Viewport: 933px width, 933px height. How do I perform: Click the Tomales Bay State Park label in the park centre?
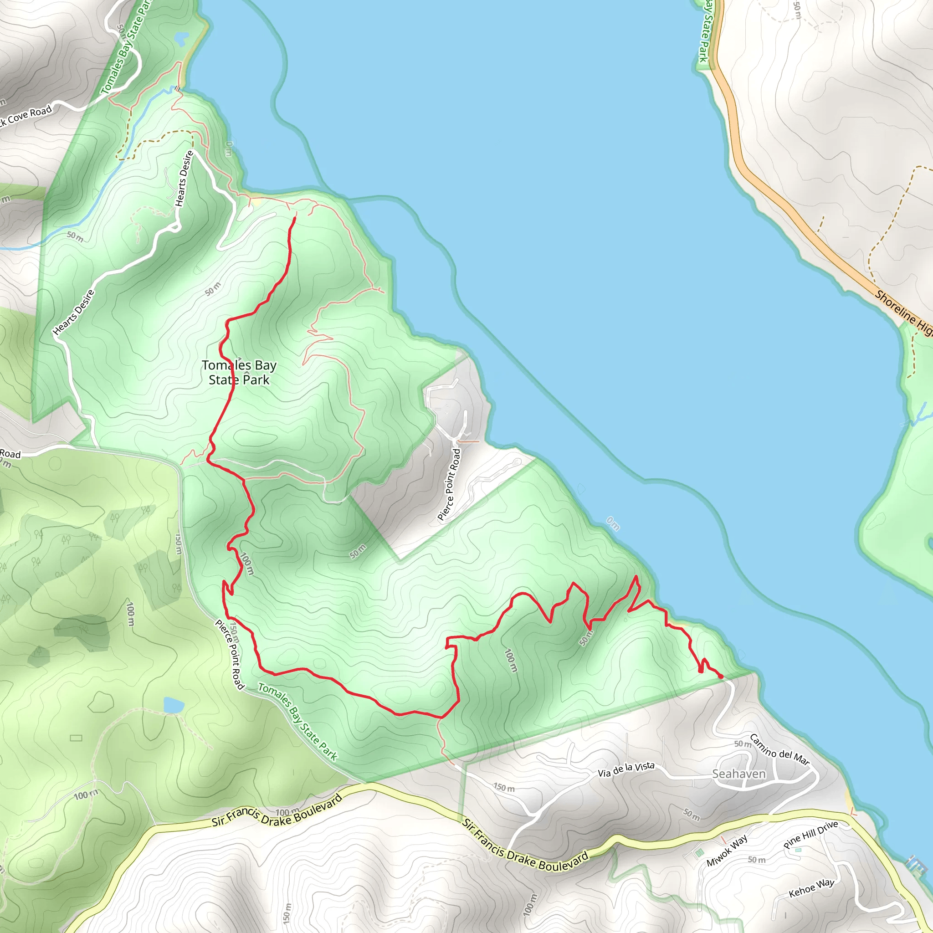[x=239, y=372]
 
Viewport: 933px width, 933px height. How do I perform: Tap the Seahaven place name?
[x=739, y=774]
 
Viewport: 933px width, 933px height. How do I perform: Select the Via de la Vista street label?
[x=626, y=770]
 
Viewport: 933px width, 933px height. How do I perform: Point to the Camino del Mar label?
[x=779, y=749]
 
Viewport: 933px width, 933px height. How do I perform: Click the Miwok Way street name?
[x=727, y=851]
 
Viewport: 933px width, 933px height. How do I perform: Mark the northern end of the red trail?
[x=295, y=218]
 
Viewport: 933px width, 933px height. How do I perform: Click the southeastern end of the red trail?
[x=721, y=677]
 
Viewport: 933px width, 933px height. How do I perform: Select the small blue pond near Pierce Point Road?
[x=174, y=705]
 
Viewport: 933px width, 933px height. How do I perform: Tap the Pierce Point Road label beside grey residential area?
[x=449, y=484]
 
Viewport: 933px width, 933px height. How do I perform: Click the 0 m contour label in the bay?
[x=612, y=523]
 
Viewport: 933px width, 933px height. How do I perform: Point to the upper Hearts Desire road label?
[x=184, y=179]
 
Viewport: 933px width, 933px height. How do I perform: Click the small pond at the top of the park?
[x=182, y=39]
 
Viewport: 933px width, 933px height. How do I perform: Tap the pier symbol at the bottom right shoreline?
[x=915, y=864]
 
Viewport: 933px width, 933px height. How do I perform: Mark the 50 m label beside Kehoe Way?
[x=756, y=860]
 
